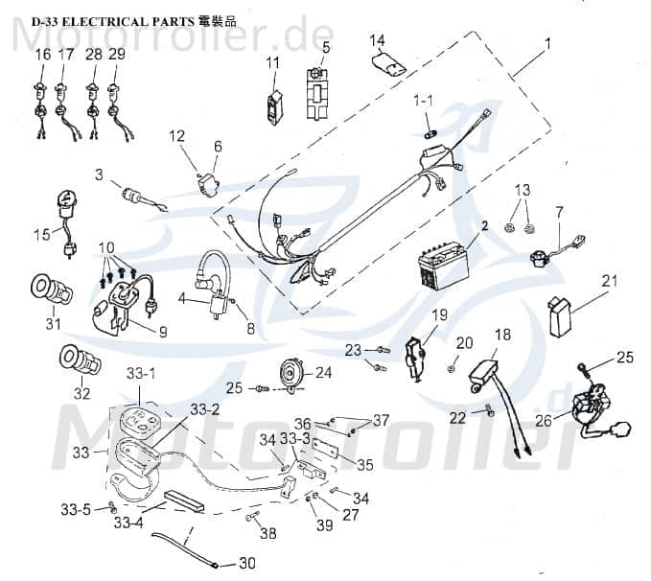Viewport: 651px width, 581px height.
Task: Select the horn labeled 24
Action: click(x=287, y=370)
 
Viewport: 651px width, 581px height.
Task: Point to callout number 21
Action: click(x=609, y=281)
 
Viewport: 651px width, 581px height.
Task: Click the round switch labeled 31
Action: click(x=43, y=290)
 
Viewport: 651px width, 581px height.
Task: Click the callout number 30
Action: click(x=247, y=563)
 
